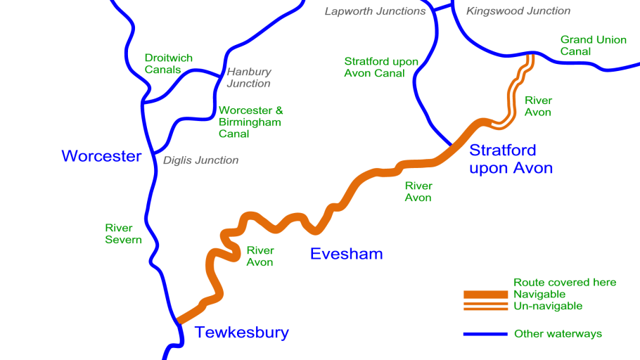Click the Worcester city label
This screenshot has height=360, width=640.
(101, 156)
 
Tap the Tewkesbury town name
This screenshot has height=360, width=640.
(241, 333)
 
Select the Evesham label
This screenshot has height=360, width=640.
(346, 254)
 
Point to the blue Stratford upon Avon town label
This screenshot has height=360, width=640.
(511, 159)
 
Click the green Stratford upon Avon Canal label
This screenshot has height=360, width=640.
(380, 67)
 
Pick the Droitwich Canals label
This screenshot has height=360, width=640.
(168, 64)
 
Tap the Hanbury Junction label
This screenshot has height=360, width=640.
(248, 77)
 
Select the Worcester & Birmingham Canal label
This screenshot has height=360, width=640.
(250, 122)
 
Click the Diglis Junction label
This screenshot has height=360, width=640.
(200, 160)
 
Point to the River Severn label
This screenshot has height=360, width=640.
(123, 233)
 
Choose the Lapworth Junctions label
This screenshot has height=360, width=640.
(375, 11)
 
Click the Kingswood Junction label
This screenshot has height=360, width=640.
(518, 11)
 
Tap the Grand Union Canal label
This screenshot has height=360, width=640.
(593, 45)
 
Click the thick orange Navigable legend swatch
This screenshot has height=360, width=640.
(485, 294)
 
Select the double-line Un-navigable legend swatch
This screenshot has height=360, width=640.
(485, 306)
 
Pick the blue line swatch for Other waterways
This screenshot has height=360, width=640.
(485, 334)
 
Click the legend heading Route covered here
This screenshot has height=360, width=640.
(565, 282)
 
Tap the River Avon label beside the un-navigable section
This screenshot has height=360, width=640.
(538, 106)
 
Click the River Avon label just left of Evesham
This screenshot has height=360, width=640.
(260, 256)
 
